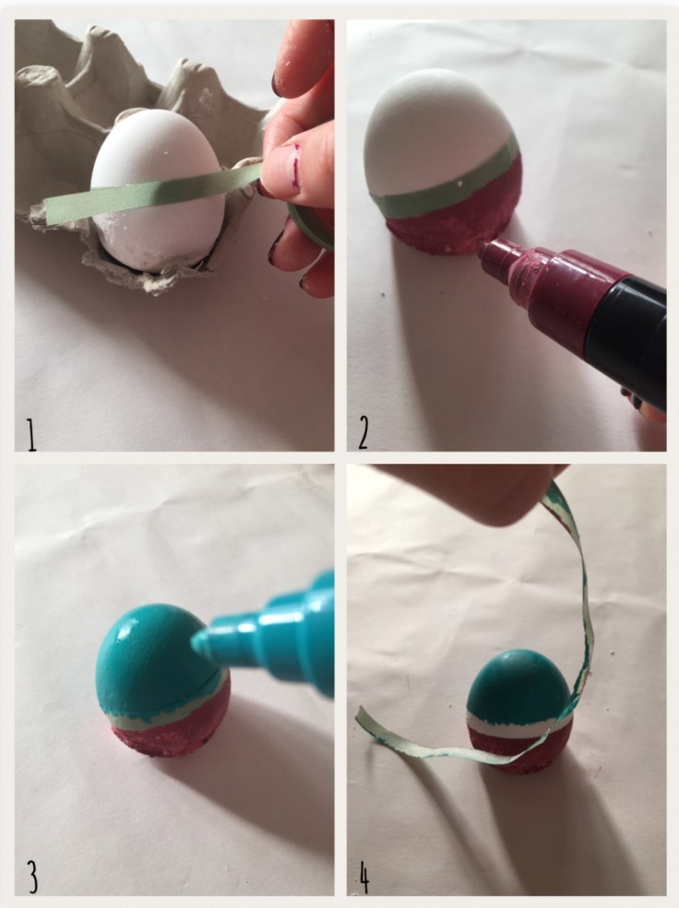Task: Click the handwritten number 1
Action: coord(31,435)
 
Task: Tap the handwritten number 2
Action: coord(363,433)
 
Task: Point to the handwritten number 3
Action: coord(32,878)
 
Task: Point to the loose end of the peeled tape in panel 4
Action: coord(361,715)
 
